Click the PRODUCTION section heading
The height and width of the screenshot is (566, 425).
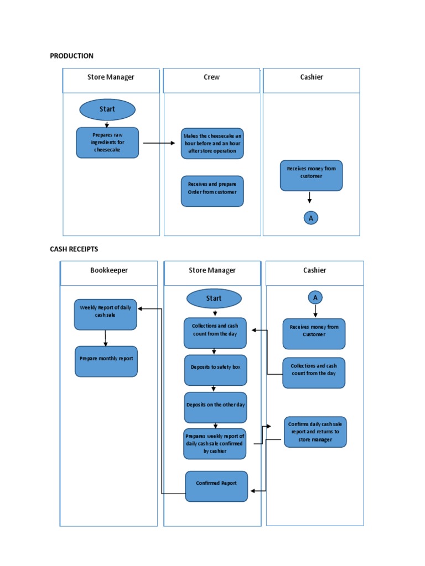point(71,56)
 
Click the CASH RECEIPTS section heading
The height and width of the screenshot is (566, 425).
point(74,249)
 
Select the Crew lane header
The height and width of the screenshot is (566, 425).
point(211,77)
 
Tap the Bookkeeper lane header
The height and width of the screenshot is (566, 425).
point(109,270)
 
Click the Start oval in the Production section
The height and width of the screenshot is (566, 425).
point(107,109)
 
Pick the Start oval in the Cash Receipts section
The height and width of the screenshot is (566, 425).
point(214,298)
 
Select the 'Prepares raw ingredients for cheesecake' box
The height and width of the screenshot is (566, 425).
point(107,143)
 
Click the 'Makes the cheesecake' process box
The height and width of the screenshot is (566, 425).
point(212,144)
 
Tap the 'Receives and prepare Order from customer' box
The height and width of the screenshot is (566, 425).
point(212,191)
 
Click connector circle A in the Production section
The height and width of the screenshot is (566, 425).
point(310,218)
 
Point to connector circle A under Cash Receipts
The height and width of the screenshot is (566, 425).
point(315,297)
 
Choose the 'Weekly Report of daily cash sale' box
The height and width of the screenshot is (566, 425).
point(105,315)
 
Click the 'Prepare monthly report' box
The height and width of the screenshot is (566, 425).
point(106,361)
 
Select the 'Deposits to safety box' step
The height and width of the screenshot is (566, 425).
point(215,370)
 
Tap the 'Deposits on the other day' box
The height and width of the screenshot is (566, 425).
point(215,407)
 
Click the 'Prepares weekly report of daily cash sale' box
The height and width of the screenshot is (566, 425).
point(215,443)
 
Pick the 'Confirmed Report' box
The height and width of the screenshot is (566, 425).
point(216,486)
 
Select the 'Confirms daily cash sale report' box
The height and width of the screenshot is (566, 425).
point(315,432)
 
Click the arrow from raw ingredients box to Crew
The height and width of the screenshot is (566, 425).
point(158,143)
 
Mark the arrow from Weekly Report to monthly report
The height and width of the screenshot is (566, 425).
point(105,338)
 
